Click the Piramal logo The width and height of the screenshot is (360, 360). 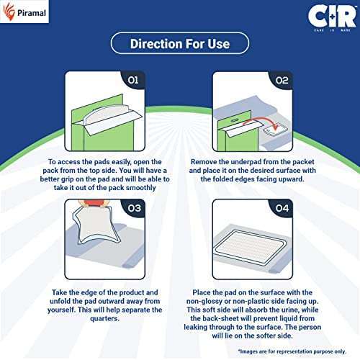pyautogui.click(x=24, y=12)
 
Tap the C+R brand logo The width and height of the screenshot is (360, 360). pyautogui.click(x=332, y=18)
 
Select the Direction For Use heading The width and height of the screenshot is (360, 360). pyautogui.click(x=180, y=44)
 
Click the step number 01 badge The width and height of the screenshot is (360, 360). pyautogui.click(x=133, y=80)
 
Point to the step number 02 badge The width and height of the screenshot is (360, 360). pyautogui.click(x=282, y=80)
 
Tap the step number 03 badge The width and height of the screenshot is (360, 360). pyautogui.click(x=134, y=208)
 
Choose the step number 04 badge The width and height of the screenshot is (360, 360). pyautogui.click(x=282, y=208)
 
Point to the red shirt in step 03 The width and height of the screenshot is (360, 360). pyautogui.click(x=92, y=203)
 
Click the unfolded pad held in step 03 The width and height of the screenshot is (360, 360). pyautogui.click(x=97, y=225)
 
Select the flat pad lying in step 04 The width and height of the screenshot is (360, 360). pyautogui.click(x=251, y=247)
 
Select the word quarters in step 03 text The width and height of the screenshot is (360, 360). pyautogui.click(x=104, y=319)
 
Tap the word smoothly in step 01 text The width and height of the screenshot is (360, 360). pyautogui.click(x=141, y=188)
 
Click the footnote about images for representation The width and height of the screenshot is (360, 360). pyautogui.click(x=292, y=351)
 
